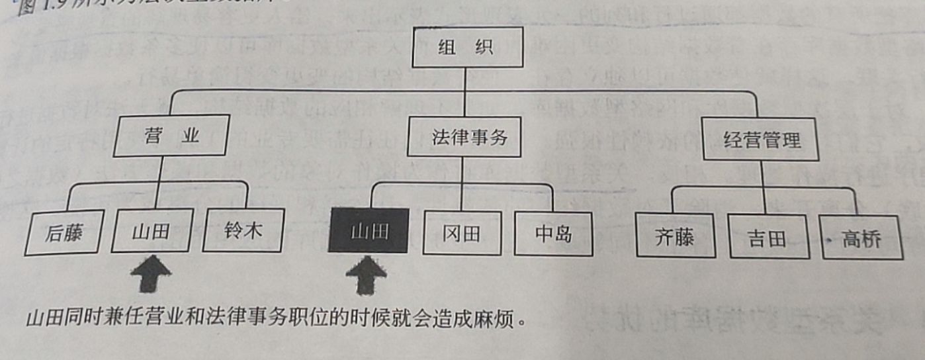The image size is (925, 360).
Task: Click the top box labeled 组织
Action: click(x=466, y=48)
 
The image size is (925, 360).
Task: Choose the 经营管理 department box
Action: click(x=762, y=140)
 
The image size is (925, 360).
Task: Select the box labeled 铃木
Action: click(x=243, y=232)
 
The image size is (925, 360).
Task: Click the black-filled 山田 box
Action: click(x=368, y=231)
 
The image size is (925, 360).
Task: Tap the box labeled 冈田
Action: click(x=462, y=233)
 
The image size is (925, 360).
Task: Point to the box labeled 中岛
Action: click(x=552, y=234)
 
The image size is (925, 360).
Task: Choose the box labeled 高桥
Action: click(x=861, y=238)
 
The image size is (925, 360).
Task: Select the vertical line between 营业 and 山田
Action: click(x=161, y=182)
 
